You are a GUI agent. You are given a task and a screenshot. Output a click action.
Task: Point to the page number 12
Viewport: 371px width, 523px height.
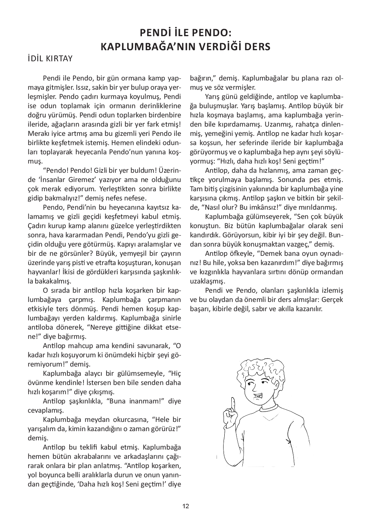185,506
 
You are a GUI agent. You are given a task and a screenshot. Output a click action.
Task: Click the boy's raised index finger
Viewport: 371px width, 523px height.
233,405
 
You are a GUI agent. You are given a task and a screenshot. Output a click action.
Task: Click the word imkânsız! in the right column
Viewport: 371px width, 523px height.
262,207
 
